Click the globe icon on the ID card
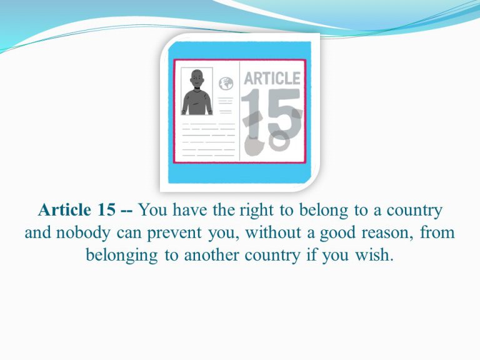pos(226,84)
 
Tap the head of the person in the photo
pos(197,79)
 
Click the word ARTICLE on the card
pos(272,78)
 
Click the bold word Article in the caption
pos(64,210)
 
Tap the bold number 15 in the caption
pos(106,210)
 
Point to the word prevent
pos(174,234)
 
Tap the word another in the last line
pos(211,255)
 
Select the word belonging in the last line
pos(121,256)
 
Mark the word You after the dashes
pos(152,210)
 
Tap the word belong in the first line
pos(324,211)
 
